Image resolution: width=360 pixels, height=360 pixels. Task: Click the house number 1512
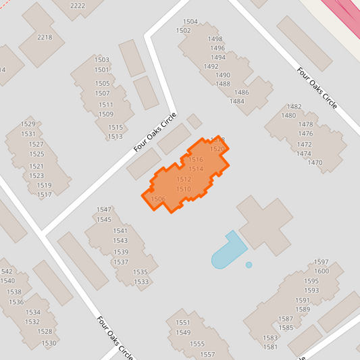[x=184, y=179]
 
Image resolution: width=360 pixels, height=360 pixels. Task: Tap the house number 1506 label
[x=158, y=199]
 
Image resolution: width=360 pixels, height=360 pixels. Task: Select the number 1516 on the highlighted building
[x=195, y=159]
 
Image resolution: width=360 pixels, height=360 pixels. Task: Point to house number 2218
[x=45, y=37]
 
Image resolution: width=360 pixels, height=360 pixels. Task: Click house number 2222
[x=78, y=5]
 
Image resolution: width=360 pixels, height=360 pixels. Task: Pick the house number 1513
[x=115, y=136]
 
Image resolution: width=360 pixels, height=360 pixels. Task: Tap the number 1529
[x=28, y=124]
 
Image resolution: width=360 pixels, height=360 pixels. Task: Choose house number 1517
[x=45, y=195]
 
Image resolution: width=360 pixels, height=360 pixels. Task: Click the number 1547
[x=104, y=210]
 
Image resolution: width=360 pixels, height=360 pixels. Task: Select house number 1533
[x=141, y=282]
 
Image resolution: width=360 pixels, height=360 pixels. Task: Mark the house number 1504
[x=190, y=22]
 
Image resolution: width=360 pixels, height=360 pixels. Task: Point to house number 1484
[x=236, y=101]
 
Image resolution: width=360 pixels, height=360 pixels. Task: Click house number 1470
[x=315, y=163]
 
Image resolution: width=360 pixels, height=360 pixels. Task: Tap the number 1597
[x=321, y=262]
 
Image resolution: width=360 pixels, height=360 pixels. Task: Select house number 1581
[x=270, y=347]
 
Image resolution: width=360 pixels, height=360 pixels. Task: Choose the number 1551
[x=183, y=323]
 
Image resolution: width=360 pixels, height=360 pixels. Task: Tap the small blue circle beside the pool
[x=249, y=265]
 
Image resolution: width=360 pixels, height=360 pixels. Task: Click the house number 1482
[x=294, y=107]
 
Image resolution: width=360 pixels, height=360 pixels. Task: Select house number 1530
[x=49, y=343]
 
